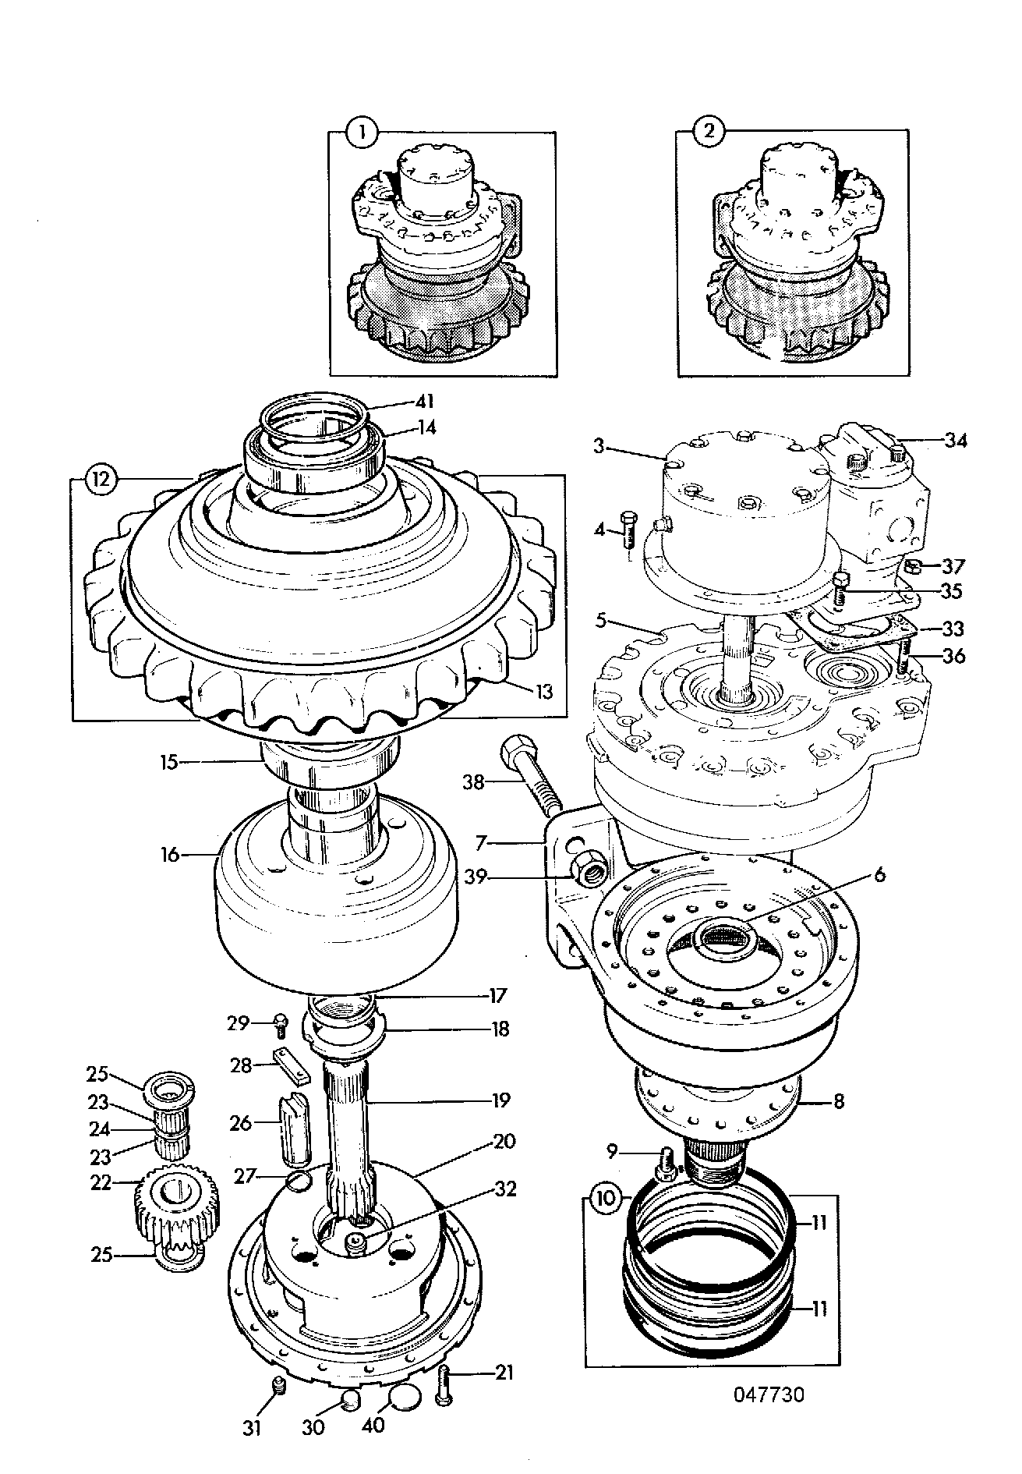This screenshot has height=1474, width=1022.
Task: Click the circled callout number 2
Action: pos(709,132)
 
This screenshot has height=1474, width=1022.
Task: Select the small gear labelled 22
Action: pos(176,1210)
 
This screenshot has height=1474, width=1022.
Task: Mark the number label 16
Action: pos(169,856)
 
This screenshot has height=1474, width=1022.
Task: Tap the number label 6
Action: pos(879,875)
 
